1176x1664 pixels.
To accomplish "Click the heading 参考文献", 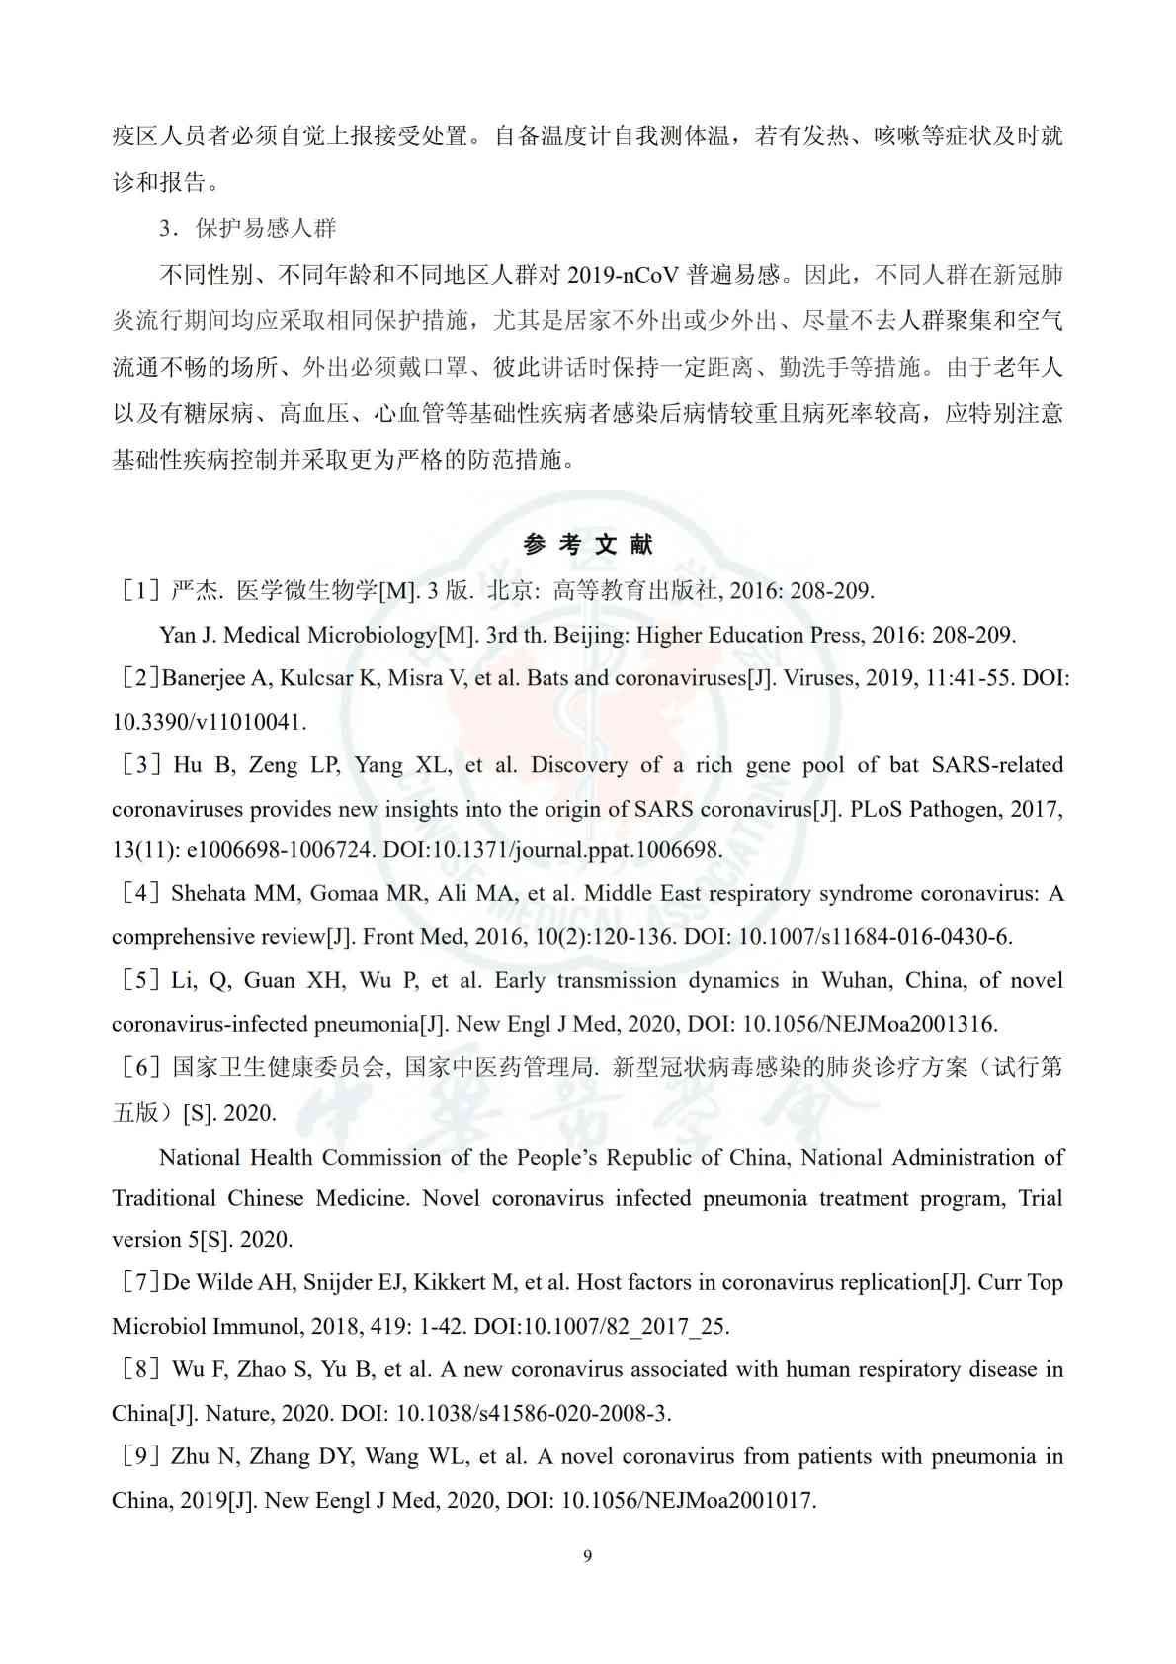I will pos(587,545).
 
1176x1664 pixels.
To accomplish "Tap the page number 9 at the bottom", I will pos(588,1556).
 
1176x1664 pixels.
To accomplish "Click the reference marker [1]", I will pos(140,591).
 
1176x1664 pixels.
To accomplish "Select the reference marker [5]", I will pos(140,981).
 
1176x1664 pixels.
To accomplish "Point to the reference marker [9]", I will pos(140,1457).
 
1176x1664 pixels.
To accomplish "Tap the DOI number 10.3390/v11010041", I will pos(208,722).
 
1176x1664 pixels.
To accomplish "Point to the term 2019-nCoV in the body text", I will pos(623,275).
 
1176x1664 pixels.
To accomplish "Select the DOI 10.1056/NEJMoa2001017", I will pos(688,1501).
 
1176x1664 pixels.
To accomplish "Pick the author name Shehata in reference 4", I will pos(208,894).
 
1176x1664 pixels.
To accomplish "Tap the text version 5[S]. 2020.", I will pos(202,1240).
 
